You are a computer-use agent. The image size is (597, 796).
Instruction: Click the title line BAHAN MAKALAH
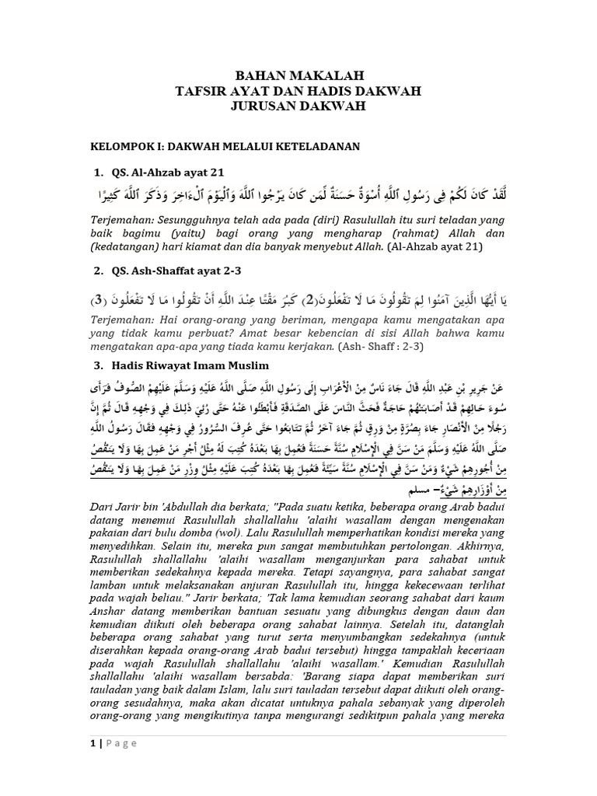point(299,75)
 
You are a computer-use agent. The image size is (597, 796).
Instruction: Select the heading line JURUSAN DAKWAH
point(299,106)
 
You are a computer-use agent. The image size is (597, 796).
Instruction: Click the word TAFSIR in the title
point(202,91)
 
